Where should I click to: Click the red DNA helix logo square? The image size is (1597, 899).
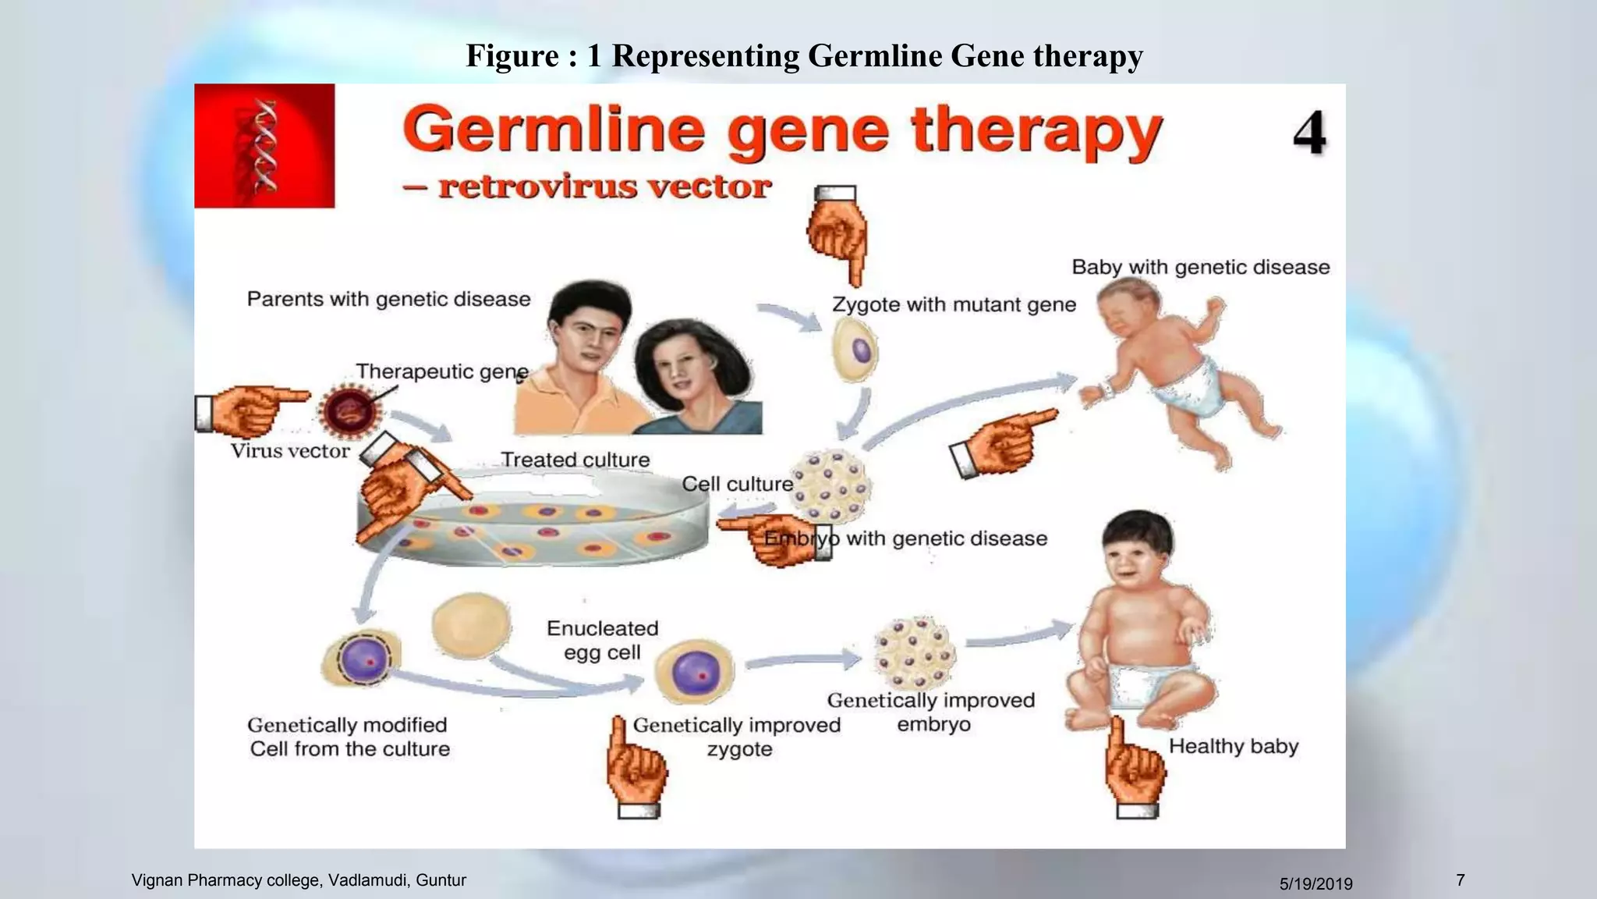coord(264,146)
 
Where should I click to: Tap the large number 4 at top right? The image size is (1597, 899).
coord(1309,133)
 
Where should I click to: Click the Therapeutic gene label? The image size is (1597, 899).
coord(442,371)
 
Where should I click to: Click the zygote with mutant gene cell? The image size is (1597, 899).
coord(855,350)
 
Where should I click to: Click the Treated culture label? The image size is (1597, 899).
coord(575,460)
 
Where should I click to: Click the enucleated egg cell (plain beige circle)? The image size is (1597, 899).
coord(471,624)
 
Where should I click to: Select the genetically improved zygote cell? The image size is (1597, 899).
coord(694,671)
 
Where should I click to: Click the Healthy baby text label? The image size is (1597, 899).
coord(1233,746)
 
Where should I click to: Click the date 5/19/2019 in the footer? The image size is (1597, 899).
coord(1315,884)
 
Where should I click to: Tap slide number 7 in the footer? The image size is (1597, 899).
coord(1460,880)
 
